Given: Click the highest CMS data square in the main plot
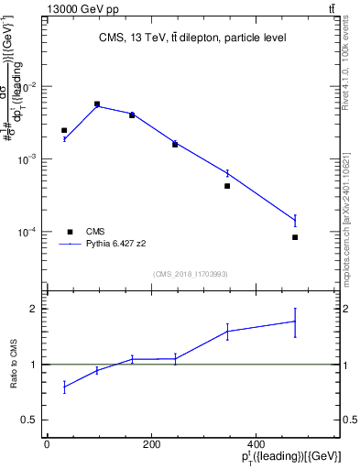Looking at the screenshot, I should (97, 104).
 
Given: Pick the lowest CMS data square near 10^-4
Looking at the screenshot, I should (295, 237).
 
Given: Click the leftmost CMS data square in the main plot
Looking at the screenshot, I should (64, 131).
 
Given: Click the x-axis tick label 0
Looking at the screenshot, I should (47, 444).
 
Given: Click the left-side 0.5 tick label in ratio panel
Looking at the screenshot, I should (31, 420).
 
